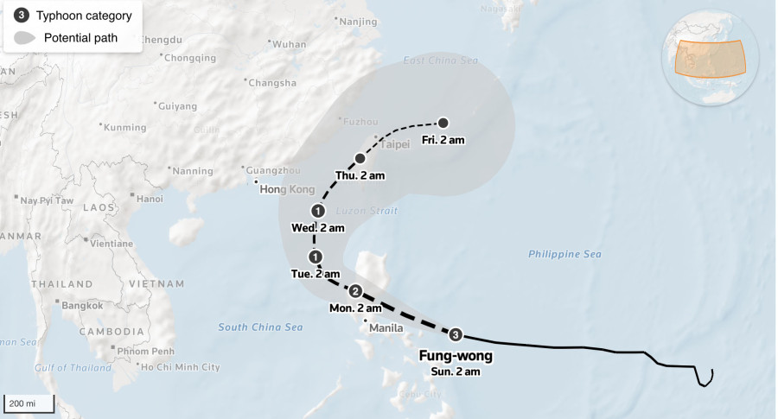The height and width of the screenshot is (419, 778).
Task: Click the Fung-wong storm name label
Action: (456, 355)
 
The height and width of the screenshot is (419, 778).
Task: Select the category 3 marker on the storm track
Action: (456, 334)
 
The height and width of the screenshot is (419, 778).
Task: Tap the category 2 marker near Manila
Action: (354, 291)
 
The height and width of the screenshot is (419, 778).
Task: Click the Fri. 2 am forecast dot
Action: (443, 123)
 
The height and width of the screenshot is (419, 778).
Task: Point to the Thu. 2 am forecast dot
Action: (360, 158)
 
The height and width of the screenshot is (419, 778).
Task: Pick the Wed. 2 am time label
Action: (318, 228)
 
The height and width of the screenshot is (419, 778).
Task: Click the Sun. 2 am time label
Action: (456, 371)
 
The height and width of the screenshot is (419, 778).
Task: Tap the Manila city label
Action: (386, 328)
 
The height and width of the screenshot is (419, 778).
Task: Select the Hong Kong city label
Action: (287, 189)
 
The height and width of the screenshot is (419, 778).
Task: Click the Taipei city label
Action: (393, 144)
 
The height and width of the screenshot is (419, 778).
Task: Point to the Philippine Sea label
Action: (564, 254)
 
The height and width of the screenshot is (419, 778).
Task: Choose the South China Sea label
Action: (260, 327)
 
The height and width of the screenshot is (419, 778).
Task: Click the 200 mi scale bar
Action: (29, 403)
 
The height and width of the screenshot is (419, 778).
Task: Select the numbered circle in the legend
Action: (22, 15)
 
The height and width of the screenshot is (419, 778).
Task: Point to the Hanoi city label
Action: (149, 199)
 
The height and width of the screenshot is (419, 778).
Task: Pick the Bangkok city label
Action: (81, 305)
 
